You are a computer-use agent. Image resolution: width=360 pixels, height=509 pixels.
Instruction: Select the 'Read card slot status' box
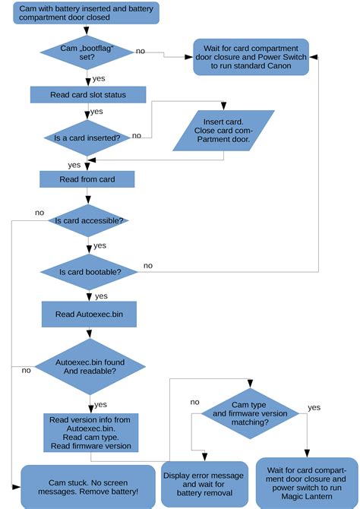pyautogui.click(x=88, y=94)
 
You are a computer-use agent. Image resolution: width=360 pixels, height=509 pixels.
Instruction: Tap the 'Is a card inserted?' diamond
pyautogui.click(x=88, y=138)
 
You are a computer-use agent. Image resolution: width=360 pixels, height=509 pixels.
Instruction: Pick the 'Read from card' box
pyautogui.click(x=87, y=179)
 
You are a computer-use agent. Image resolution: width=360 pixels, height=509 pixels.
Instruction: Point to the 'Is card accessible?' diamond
pyautogui.click(x=90, y=220)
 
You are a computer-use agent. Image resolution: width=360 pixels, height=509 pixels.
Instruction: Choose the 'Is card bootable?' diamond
pyautogui.click(x=90, y=270)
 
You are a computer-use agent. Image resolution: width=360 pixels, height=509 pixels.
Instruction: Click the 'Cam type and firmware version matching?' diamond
pyautogui.click(x=250, y=413)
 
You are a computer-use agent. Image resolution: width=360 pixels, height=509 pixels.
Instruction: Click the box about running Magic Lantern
pyautogui.click(x=306, y=482)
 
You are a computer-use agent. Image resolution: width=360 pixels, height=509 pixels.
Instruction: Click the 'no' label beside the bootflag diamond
pyautogui.click(x=141, y=50)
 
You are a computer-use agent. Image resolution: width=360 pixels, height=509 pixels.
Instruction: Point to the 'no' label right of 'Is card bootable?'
pyautogui.click(x=148, y=265)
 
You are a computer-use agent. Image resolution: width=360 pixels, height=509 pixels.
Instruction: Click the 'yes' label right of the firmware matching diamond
pyautogui.click(x=314, y=408)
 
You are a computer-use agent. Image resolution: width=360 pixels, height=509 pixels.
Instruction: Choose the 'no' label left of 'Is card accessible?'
pyautogui.click(x=39, y=213)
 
